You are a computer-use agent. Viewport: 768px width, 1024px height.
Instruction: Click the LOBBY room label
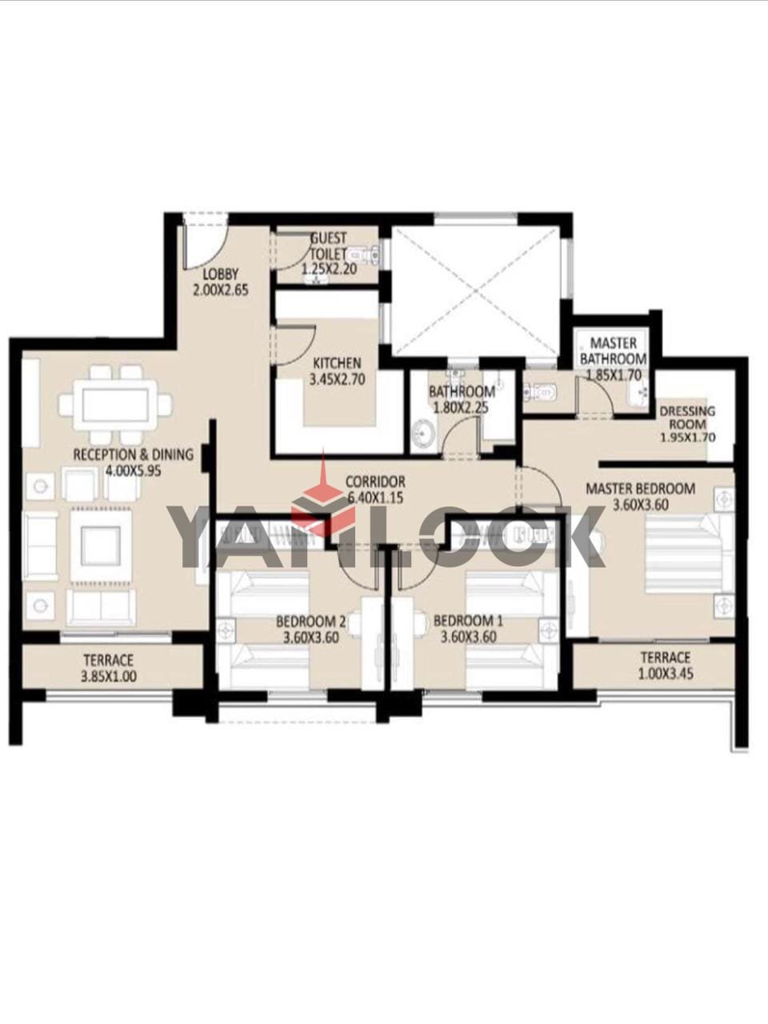(221, 274)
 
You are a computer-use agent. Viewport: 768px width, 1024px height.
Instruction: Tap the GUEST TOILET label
(328, 246)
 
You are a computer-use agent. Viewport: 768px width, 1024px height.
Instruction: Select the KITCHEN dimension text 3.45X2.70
(337, 379)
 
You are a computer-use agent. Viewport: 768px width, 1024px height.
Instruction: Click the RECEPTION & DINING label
(134, 454)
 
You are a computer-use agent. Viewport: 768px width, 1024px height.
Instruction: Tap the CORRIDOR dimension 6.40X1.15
(375, 498)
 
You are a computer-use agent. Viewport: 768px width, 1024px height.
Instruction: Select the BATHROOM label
(462, 391)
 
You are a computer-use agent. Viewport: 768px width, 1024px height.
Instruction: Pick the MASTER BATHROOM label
(613, 351)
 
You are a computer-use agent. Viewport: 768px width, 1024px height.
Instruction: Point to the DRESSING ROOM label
(687, 418)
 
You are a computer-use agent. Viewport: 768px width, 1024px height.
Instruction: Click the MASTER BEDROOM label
(640, 489)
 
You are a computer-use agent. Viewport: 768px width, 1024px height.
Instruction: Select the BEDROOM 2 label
(311, 622)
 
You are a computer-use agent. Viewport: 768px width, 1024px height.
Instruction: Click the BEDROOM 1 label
(468, 621)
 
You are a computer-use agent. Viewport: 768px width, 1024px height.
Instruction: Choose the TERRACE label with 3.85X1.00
(109, 660)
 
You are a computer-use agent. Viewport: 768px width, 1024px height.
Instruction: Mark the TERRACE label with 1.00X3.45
(666, 658)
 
